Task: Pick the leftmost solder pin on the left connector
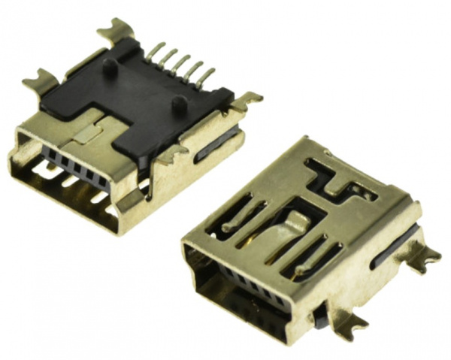click(x=154, y=51)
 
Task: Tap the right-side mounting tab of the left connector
click(x=245, y=100)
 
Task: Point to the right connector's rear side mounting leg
click(x=424, y=256)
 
